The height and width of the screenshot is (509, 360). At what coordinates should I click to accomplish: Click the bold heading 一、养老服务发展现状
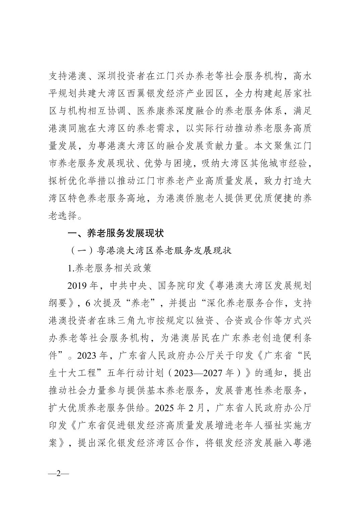pyautogui.click(x=116, y=233)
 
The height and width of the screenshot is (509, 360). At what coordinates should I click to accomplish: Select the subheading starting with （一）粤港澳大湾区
pyautogui.click(x=151, y=251)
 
